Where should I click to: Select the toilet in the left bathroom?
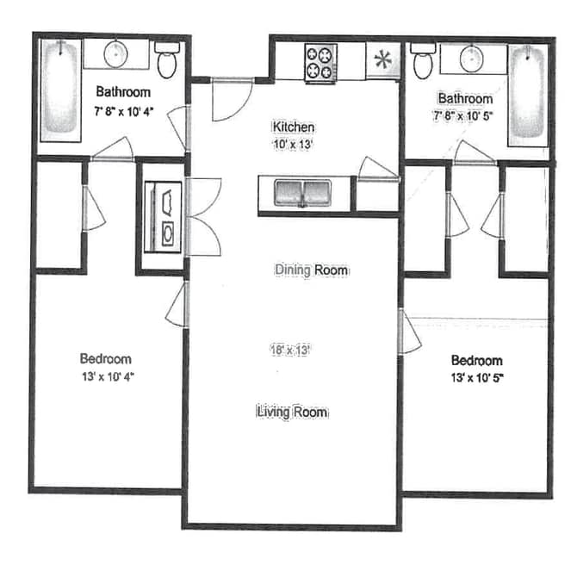[x=167, y=59]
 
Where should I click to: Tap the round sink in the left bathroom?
[x=116, y=53]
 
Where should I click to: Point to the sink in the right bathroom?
[x=470, y=59]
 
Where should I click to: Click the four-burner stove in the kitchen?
[x=320, y=62]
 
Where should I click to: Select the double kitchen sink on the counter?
[x=302, y=193]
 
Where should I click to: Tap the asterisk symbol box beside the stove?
[x=382, y=61]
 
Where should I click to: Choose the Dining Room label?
[x=311, y=270]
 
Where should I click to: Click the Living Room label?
[x=292, y=413]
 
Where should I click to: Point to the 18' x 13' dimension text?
[x=290, y=350]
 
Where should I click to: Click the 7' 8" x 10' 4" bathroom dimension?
[x=124, y=110]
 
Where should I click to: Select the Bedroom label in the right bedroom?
[x=476, y=360]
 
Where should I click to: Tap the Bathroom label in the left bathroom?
[x=123, y=91]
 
